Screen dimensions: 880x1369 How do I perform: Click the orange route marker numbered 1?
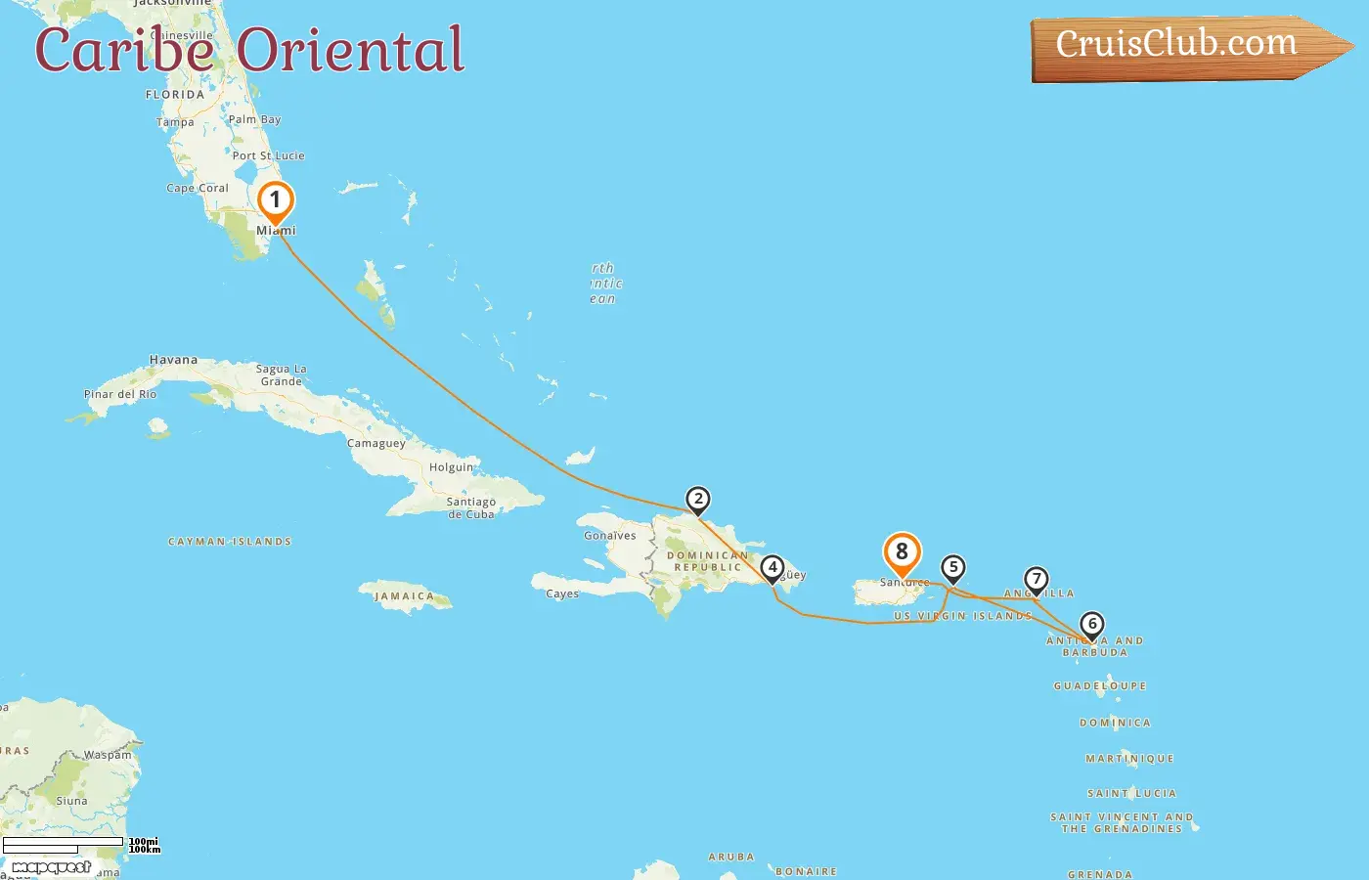coord(276,201)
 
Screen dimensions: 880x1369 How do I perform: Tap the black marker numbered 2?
coord(697,500)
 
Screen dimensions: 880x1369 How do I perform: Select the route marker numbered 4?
coord(773,567)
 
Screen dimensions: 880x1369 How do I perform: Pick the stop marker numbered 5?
coord(953,567)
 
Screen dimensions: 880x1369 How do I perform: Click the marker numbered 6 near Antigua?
coord(1092,624)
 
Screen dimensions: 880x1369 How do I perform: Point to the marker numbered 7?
coord(1037,579)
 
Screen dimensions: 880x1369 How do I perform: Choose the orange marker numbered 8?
coord(902,552)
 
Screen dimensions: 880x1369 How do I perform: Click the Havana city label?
coord(173,360)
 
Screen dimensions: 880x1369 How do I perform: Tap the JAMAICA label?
coord(404,596)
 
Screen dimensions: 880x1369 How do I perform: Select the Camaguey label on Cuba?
coord(376,443)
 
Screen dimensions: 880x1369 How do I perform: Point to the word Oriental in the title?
coord(350,50)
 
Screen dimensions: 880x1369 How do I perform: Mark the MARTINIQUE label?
coord(1129,759)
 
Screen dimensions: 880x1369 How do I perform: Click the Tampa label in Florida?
coord(175,122)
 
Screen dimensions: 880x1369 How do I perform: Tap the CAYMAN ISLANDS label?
coord(230,542)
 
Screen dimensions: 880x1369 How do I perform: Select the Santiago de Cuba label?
coord(471,507)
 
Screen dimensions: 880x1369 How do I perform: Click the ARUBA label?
coord(731,857)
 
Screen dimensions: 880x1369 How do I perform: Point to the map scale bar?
coord(64,845)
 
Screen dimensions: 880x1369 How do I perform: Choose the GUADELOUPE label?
coord(1100,686)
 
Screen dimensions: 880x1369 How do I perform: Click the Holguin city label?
coord(452,467)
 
